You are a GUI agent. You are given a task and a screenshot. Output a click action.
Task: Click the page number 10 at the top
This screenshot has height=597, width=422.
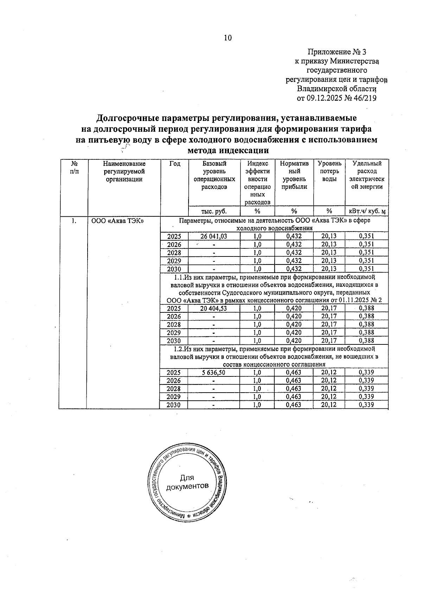point(228,38)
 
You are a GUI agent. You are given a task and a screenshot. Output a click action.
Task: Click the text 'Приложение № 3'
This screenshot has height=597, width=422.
point(337,52)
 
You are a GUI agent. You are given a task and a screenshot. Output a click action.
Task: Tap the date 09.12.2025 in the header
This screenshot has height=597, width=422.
point(325,98)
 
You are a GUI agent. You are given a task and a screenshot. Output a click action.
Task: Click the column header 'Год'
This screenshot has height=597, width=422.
point(174,164)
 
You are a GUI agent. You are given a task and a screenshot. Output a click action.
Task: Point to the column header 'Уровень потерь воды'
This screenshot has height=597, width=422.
point(329,171)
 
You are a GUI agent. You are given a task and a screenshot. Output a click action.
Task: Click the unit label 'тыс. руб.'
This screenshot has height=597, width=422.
point(214,211)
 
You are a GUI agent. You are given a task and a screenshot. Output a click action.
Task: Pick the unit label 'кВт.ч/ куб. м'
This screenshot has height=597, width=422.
point(367,211)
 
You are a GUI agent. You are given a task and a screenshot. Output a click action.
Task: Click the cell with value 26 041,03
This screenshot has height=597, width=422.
point(214,236)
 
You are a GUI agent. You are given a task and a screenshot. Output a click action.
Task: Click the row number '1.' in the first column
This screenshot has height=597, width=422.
point(73,221)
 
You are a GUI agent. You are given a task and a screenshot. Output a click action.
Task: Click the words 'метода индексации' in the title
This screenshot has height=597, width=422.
point(228,151)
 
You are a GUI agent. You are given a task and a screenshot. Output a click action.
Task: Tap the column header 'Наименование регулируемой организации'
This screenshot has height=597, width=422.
point(124,171)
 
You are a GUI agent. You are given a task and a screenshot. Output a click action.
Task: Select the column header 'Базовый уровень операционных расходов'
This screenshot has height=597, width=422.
point(214,175)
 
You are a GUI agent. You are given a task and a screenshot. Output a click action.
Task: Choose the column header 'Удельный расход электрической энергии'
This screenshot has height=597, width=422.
point(367,175)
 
